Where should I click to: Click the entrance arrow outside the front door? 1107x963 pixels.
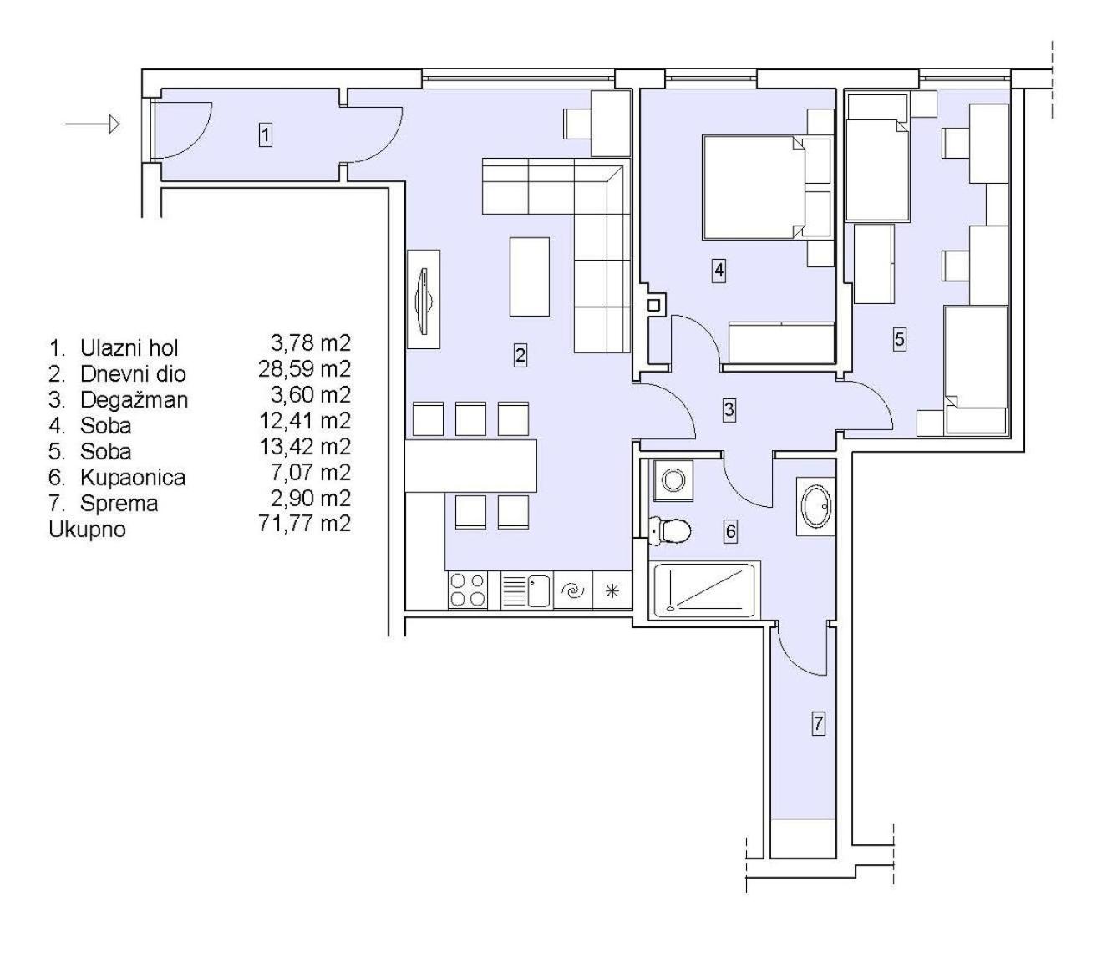pyautogui.click(x=92, y=125)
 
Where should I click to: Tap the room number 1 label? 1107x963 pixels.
pyautogui.click(x=265, y=134)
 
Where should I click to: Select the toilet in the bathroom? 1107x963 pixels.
pyautogui.click(x=670, y=530)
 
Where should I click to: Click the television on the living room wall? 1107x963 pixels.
pyautogui.click(x=424, y=298)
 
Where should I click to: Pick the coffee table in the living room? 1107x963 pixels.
pyautogui.click(x=529, y=276)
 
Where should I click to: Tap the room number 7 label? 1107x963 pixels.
pyautogui.click(x=819, y=723)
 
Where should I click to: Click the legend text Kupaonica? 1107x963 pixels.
pyautogui.click(x=133, y=477)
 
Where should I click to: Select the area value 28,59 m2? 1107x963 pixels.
pyautogui.click(x=305, y=369)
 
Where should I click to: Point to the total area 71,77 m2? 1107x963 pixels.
pyautogui.click(x=305, y=524)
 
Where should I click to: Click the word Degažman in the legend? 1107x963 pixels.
pyautogui.click(x=135, y=400)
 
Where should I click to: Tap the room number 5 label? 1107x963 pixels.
pyautogui.click(x=899, y=340)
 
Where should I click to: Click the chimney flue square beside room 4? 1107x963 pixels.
pyautogui.click(x=653, y=305)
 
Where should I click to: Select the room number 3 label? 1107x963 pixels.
pyautogui.click(x=729, y=409)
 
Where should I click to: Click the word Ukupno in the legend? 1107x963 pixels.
pyautogui.click(x=87, y=530)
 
